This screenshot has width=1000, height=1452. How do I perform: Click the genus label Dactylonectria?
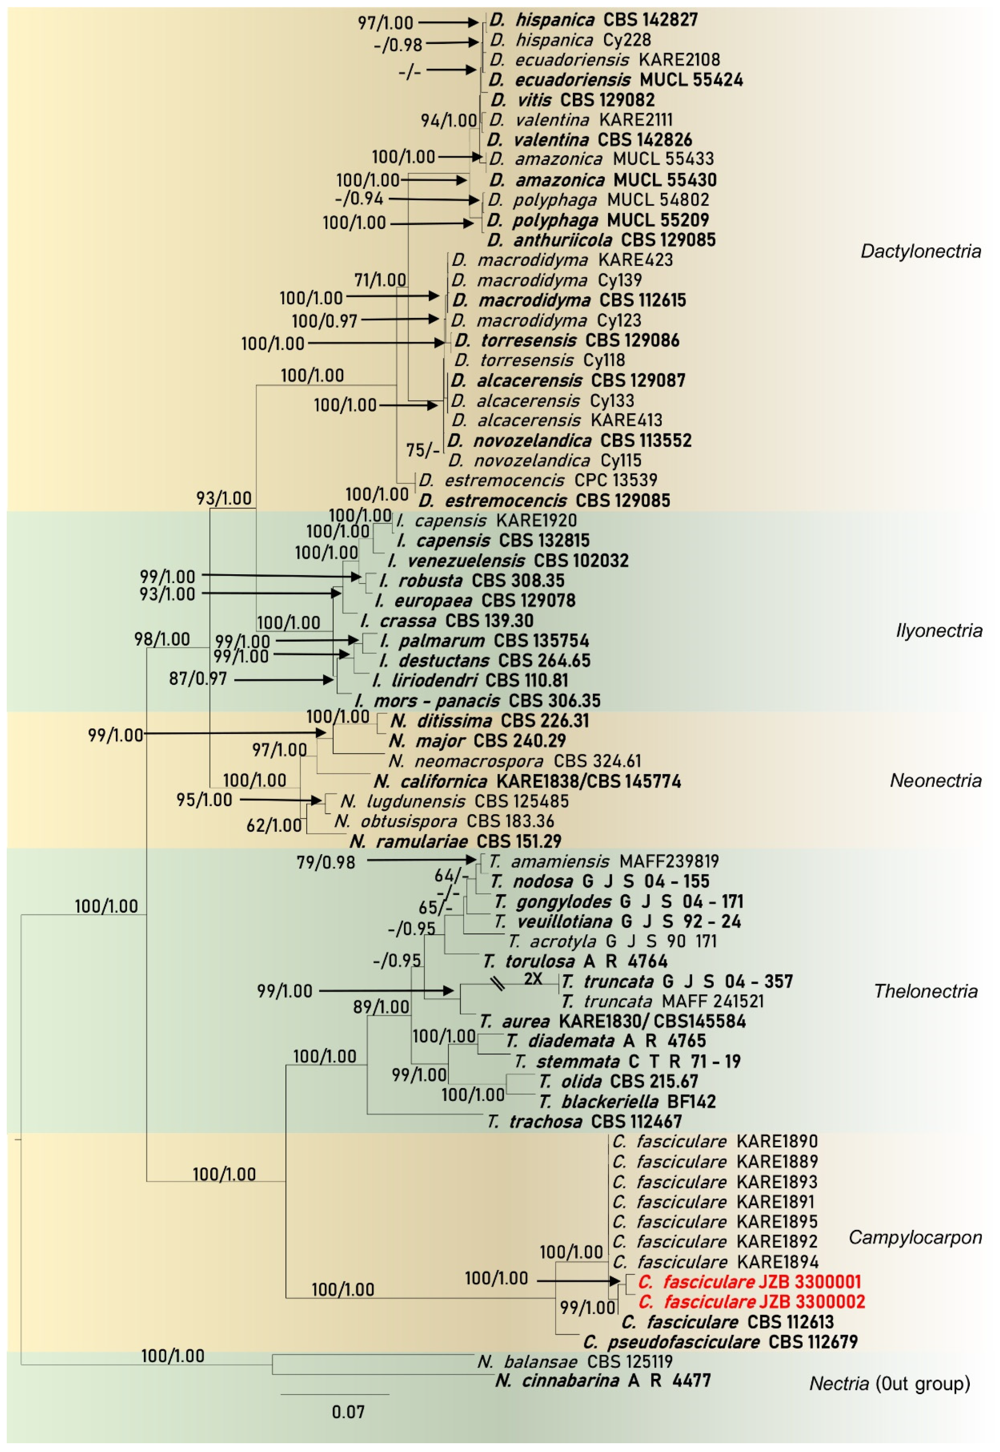click(920, 252)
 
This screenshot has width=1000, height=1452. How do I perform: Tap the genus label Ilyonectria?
click(938, 630)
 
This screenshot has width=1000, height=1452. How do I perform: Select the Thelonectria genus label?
click(925, 991)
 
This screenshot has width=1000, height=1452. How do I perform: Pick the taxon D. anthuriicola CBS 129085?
click(601, 240)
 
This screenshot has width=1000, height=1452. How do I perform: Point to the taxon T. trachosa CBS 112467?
click(584, 1121)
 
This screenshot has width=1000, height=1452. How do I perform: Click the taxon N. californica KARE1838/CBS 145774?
click(527, 781)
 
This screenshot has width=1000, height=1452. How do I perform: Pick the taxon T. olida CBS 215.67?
click(618, 1081)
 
